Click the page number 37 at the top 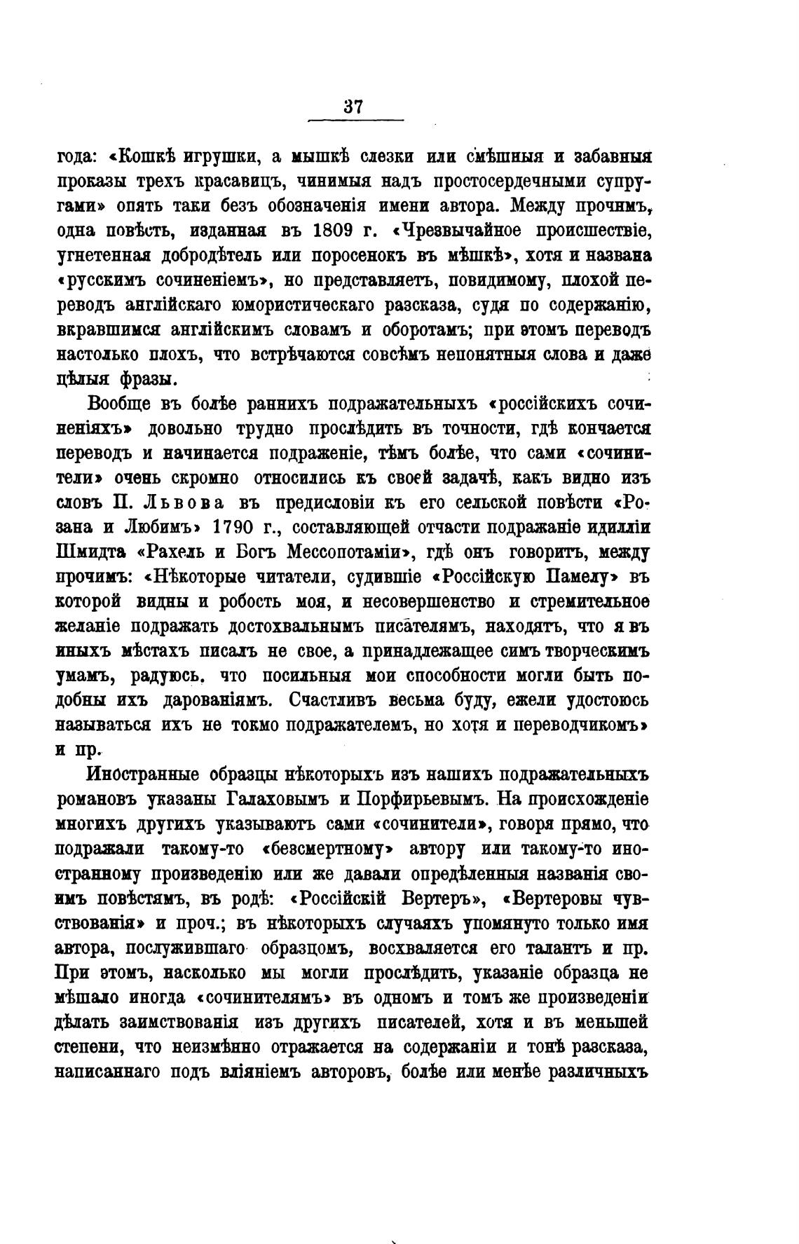click(353, 107)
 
